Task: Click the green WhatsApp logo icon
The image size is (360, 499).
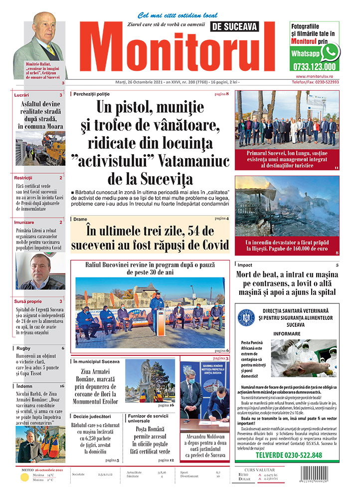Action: pyautogui.click(x=330, y=51)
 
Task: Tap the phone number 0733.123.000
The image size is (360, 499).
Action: pyautogui.click(x=315, y=66)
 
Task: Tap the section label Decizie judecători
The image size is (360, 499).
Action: pyautogui.click(x=95, y=416)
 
